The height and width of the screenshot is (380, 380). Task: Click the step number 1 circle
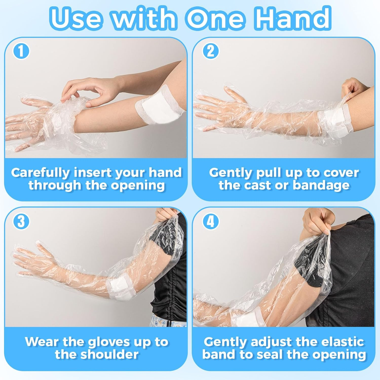pos(21,51)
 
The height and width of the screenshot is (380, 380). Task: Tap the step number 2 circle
pos(211,51)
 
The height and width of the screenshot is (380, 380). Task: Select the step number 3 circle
pos(21,221)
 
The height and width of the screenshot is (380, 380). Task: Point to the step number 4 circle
pos(211,221)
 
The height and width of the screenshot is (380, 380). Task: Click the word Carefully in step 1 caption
pos(40,173)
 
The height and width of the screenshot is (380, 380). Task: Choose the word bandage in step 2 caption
pos(321,185)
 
